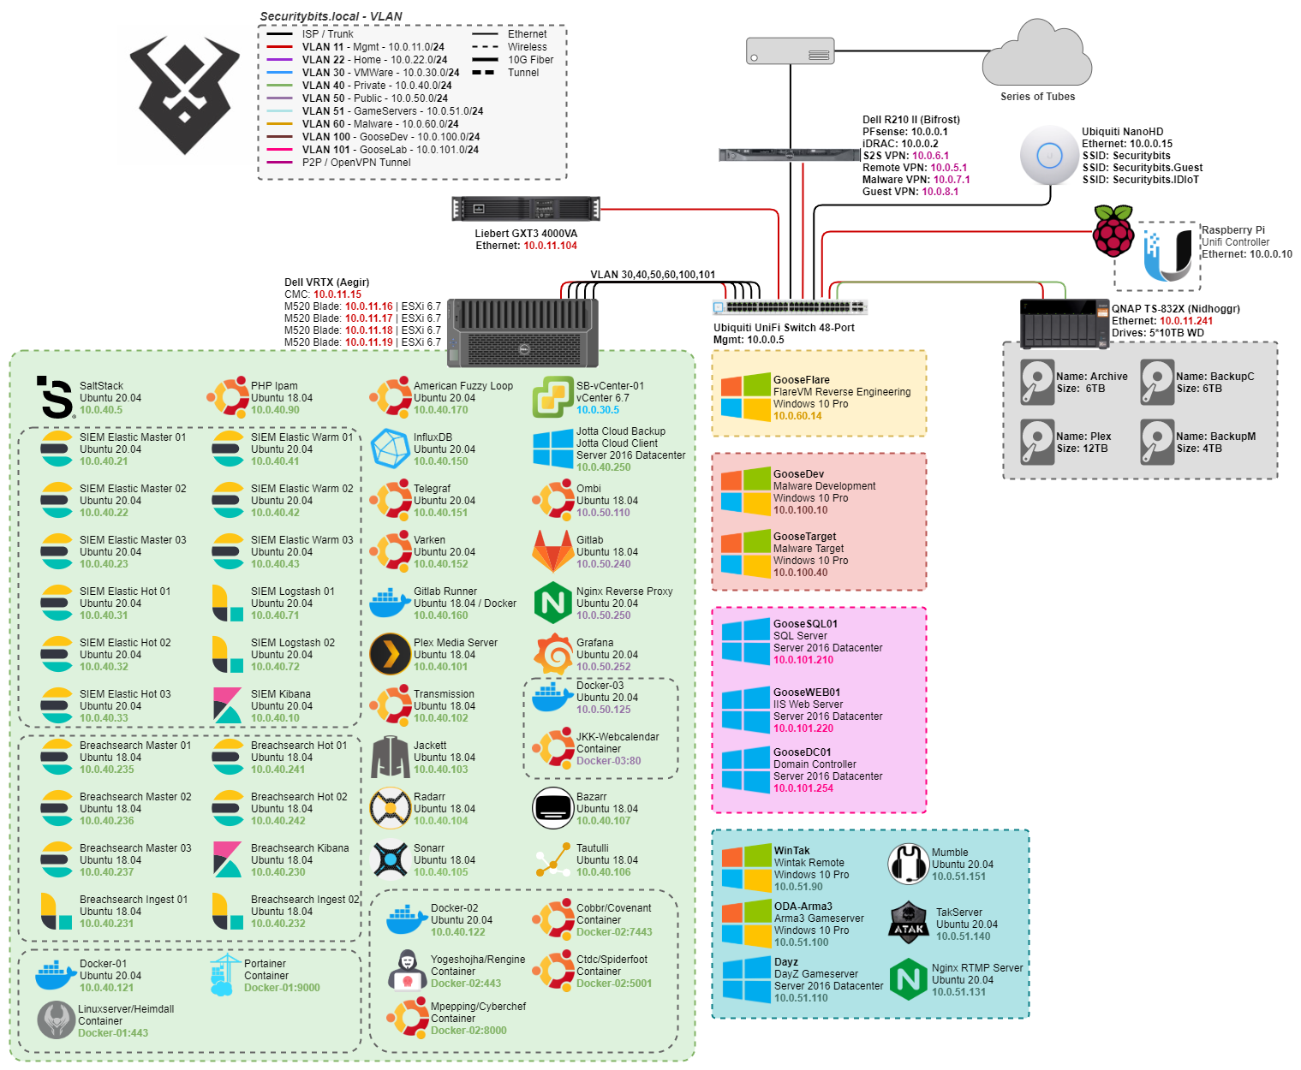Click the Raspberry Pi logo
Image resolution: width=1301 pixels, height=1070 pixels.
click(1113, 230)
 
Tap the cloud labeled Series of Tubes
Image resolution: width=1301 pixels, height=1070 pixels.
click(1037, 56)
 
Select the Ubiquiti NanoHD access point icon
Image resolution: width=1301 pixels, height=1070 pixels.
click(1049, 155)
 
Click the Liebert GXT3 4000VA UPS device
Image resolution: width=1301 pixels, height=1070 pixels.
click(526, 209)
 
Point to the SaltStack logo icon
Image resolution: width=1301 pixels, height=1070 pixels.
click(57, 397)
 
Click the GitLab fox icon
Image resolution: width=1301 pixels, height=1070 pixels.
click(552, 552)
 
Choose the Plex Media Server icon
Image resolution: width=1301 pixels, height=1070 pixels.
click(390, 655)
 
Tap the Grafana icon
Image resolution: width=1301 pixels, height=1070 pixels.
click(552, 655)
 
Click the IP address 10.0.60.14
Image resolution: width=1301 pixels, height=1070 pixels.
click(797, 416)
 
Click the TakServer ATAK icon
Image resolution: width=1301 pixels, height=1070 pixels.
click(909, 923)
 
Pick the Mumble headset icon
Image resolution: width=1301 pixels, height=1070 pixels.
click(909, 864)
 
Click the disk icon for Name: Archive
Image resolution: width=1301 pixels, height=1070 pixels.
click(1036, 382)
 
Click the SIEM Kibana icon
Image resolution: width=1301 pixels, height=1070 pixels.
click(227, 705)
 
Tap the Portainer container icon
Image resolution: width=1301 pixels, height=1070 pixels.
click(225, 975)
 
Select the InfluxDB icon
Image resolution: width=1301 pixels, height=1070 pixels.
click(390, 449)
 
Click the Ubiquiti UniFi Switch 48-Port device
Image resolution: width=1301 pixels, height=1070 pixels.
click(790, 307)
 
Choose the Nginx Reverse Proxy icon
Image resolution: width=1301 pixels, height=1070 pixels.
click(552, 603)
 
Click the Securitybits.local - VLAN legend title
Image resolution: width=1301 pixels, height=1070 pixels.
click(331, 16)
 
